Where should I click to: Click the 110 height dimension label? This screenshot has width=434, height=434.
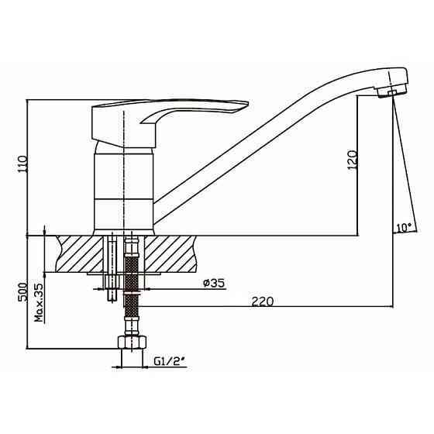[22, 164]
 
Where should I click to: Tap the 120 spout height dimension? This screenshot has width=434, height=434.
[352, 160]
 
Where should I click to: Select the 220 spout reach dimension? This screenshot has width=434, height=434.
[263, 301]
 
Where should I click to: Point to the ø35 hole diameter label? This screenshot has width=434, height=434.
[214, 283]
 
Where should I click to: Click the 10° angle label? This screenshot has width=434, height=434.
[404, 228]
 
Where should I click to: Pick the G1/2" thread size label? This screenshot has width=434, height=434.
[170, 361]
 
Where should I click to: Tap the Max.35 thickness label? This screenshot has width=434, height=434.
[40, 302]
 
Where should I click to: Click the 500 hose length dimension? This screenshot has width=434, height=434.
[22, 292]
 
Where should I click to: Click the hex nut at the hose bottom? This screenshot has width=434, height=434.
[132, 342]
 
